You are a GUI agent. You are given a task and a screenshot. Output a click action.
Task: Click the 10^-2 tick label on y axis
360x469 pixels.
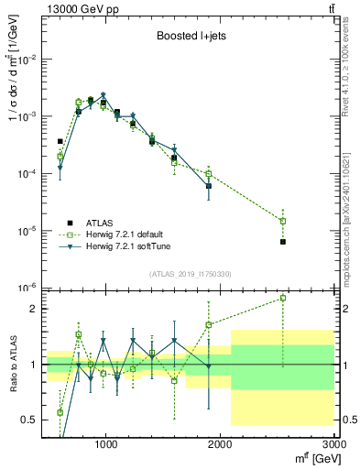pyautogui.click(x=28, y=60)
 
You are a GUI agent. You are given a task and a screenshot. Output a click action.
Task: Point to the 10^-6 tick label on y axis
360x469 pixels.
pyautogui.click(x=28, y=288)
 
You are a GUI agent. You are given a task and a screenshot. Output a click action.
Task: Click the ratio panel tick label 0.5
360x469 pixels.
pyautogui.click(x=30, y=420)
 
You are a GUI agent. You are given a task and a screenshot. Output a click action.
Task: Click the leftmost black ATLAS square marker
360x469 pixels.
pyautogui.click(x=60, y=142)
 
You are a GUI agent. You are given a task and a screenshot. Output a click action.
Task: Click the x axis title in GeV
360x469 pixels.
pyautogui.click(x=312, y=458)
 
